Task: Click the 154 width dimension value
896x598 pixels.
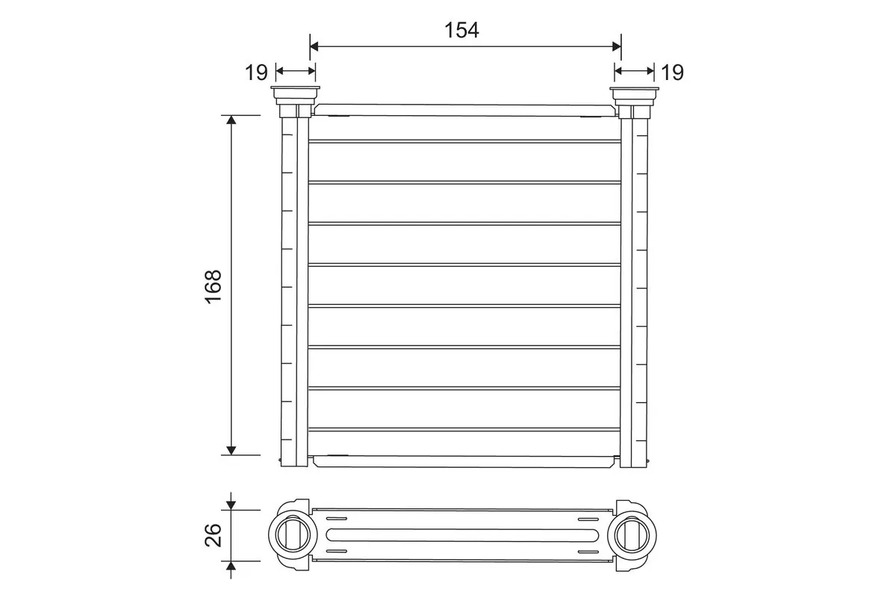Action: click(x=461, y=30)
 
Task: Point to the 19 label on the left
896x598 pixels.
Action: click(x=256, y=73)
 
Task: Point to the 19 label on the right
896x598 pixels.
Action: click(x=672, y=73)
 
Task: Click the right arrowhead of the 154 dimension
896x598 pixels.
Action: click(x=616, y=46)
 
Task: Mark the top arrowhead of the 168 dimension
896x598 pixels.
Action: click(x=231, y=120)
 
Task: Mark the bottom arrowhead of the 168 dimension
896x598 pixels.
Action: click(x=231, y=449)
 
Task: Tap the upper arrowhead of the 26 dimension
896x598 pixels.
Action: click(x=231, y=505)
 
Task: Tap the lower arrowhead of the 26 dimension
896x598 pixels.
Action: click(x=231, y=565)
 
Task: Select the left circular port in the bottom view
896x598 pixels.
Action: click(x=290, y=534)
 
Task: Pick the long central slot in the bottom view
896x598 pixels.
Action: click(x=461, y=534)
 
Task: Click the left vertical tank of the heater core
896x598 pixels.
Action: click(x=294, y=288)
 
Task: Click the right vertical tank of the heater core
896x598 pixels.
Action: click(x=634, y=288)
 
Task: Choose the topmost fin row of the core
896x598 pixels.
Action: click(x=464, y=128)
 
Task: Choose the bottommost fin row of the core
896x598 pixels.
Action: click(x=464, y=443)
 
